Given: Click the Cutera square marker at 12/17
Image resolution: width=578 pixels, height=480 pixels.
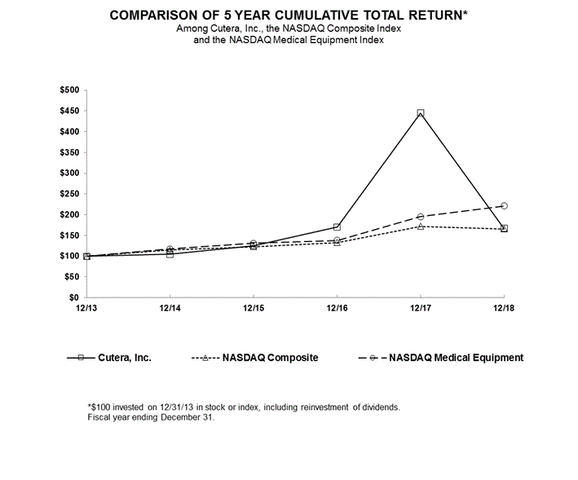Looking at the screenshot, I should (x=420, y=112).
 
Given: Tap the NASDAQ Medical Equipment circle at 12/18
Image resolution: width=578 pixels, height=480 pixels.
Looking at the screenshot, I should (x=504, y=205).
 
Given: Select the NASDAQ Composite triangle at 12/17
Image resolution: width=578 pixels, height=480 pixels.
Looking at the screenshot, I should (x=420, y=226).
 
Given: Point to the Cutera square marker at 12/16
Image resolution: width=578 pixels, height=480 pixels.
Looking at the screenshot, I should (x=337, y=227).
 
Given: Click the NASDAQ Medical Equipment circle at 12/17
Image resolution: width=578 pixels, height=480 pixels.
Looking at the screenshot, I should (x=420, y=217).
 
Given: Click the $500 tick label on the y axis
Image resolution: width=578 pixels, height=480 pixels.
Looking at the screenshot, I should (x=70, y=90).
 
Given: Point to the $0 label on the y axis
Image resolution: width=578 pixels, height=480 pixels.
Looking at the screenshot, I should (x=75, y=298).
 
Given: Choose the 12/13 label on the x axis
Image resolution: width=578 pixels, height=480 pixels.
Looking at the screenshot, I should (x=86, y=309).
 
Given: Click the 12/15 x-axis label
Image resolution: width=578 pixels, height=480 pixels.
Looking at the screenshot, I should (x=253, y=309).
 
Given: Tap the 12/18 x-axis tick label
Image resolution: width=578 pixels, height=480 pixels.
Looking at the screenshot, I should (x=504, y=309).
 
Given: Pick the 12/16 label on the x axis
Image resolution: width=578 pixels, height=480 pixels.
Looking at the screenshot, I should (x=337, y=309).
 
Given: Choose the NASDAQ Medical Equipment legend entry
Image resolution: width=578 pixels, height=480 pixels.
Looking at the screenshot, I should (x=456, y=357).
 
